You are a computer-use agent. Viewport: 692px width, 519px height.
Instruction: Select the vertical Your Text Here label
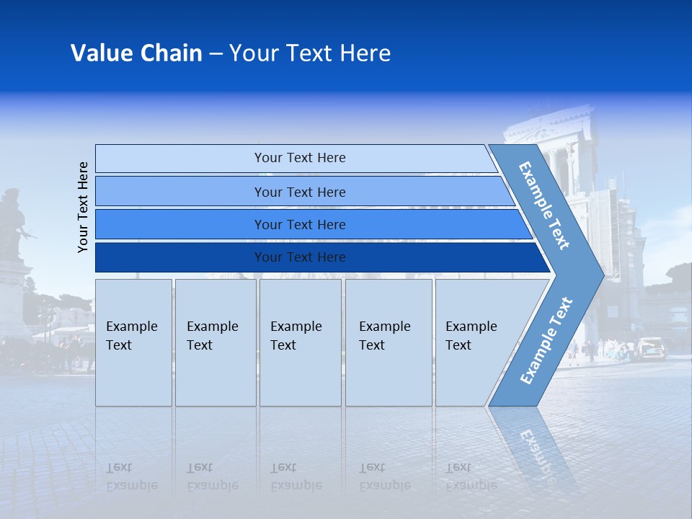point(83,207)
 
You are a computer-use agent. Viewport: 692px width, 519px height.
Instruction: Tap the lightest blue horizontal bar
point(299,158)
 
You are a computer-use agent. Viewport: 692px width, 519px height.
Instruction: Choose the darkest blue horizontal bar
point(299,257)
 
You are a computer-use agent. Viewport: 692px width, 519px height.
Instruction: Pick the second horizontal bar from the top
point(299,192)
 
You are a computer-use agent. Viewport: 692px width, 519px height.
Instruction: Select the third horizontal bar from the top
point(299,224)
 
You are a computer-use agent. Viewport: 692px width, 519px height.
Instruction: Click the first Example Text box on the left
point(133,342)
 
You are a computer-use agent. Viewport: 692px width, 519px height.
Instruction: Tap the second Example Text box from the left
point(215,342)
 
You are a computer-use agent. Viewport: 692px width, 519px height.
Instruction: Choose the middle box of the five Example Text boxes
point(300,342)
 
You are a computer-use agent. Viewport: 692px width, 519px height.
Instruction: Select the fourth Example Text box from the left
point(388,342)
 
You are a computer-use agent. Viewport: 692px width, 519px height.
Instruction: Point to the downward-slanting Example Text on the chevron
point(544,205)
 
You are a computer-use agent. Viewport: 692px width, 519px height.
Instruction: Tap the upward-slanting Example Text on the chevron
point(546,341)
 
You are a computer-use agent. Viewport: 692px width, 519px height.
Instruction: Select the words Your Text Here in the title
point(310,53)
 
